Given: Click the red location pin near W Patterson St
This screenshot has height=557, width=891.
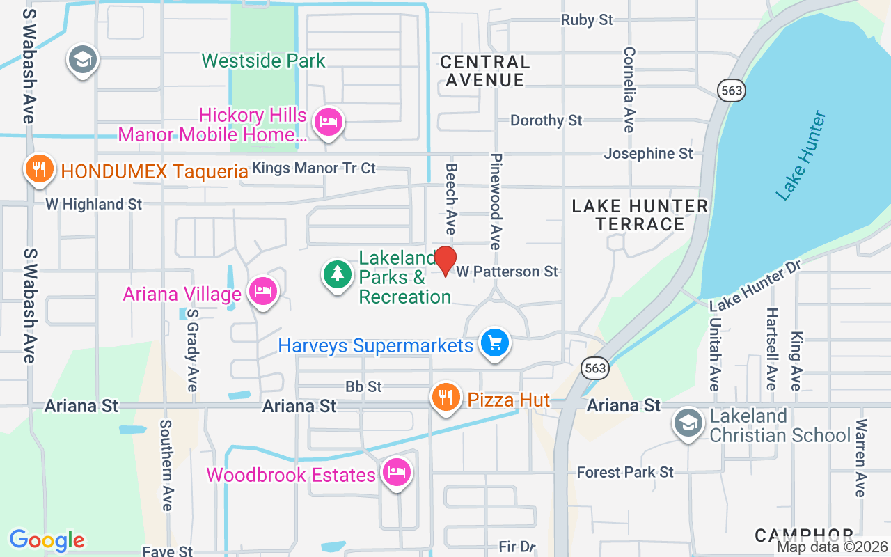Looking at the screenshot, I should coord(445,260).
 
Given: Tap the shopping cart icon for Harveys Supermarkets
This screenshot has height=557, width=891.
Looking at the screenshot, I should coord(495,343).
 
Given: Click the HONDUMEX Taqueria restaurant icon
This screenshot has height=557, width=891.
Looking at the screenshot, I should coord(40,168).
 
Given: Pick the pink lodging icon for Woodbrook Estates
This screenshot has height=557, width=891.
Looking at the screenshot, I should coord(396,473).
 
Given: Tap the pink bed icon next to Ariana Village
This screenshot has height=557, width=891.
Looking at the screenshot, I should coord(262,291).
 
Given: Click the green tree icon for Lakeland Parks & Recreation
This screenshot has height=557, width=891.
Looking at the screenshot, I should coord(338,274).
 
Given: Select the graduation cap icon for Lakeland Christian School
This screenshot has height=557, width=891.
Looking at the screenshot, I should coord(688,423).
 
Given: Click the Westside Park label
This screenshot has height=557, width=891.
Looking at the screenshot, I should coord(264,61).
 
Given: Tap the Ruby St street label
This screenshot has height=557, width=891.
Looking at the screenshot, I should coord(587,20).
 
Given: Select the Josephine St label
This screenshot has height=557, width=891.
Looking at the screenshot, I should coord(648,153).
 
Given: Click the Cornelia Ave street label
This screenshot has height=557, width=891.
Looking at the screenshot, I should coord(629,89).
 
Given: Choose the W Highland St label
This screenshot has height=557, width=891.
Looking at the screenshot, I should coord(94,204).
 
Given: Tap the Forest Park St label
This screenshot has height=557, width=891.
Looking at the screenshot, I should coord(625,472).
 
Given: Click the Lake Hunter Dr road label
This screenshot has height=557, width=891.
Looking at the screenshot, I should coord(756,285).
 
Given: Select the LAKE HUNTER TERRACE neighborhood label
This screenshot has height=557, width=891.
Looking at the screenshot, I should coord(640,215).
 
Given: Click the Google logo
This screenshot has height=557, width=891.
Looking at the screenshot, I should coord(47,540).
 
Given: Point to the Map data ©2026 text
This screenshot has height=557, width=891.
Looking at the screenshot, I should coord(832,547).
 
